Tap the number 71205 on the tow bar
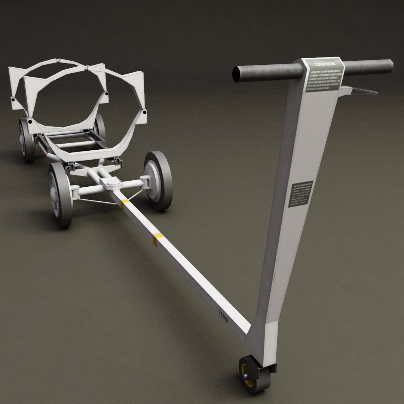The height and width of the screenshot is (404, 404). coord(223,316)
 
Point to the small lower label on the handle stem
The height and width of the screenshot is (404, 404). coord(300,195)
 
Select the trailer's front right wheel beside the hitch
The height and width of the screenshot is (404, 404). coord(158,180)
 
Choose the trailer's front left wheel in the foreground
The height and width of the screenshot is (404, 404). coord(60,195)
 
